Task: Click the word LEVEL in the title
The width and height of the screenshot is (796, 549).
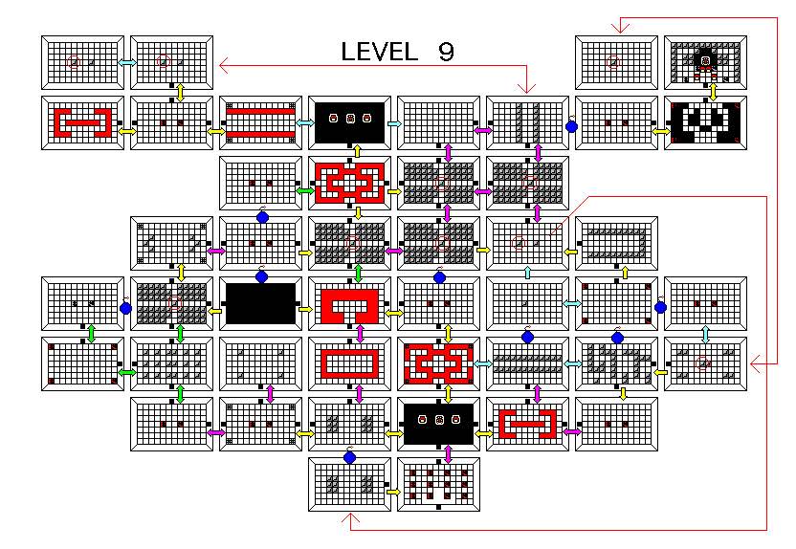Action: pyautogui.click(x=379, y=52)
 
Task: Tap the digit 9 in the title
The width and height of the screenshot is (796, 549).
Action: pyautogui.click(x=446, y=52)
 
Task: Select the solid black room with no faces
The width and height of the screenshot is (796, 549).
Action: pyautogui.click(x=260, y=302)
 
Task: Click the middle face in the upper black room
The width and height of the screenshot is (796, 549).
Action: pyautogui.click(x=350, y=119)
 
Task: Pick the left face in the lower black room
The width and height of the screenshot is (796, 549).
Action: pyautogui.click(x=422, y=419)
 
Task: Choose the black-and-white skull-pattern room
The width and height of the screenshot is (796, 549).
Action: pyautogui.click(x=706, y=122)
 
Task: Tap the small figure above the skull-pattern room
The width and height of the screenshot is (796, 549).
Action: pyautogui.click(x=706, y=62)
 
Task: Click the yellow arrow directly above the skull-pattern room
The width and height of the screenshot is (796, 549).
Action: pyautogui.click(x=713, y=90)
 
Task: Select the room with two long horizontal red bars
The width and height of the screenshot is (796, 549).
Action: pyautogui.click(x=260, y=122)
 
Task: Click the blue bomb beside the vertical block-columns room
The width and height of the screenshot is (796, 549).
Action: pyautogui.click(x=571, y=125)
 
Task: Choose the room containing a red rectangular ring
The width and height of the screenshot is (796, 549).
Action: pyautogui.click(x=349, y=363)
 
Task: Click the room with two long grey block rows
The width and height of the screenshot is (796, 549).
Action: pyautogui.click(x=527, y=363)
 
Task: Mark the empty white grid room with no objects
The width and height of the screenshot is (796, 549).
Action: pyautogui.click(x=438, y=122)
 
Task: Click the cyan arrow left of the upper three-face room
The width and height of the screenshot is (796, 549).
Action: pyautogui.click(x=305, y=124)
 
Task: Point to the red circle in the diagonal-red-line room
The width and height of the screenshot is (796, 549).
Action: pyautogui.click(x=519, y=243)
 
